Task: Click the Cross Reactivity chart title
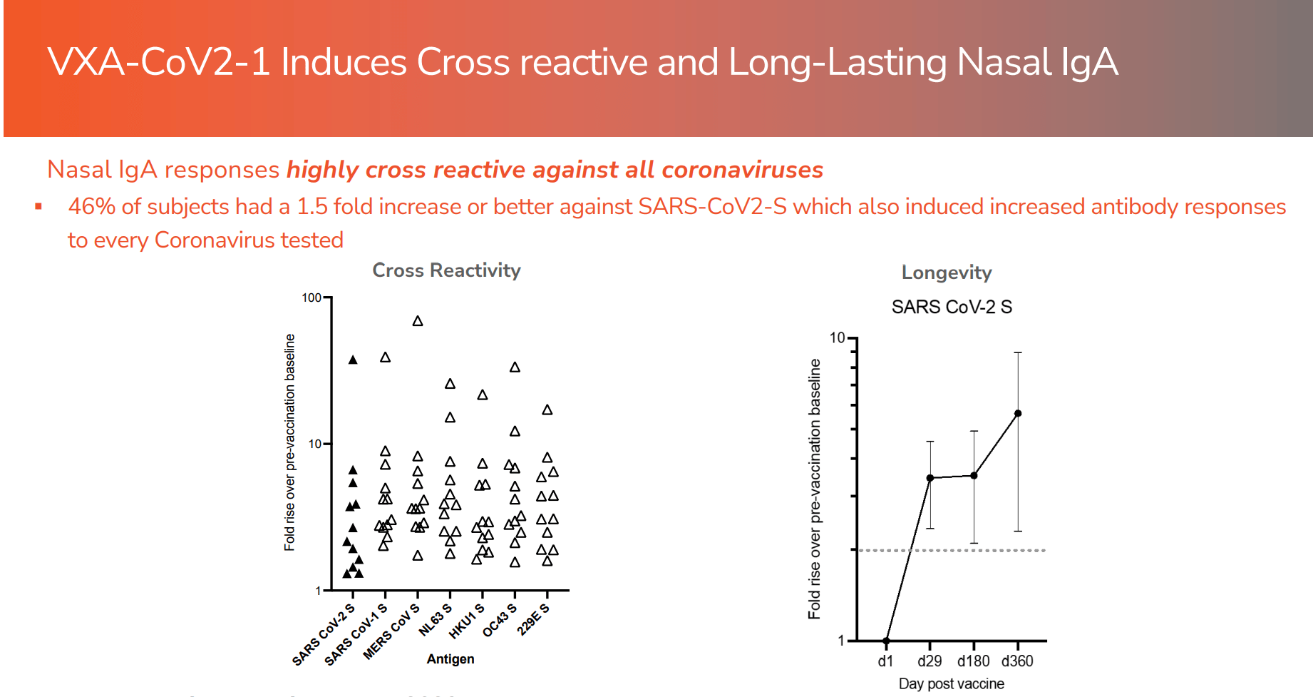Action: click(x=446, y=270)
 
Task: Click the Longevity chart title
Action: click(x=946, y=273)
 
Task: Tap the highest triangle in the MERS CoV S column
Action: click(x=418, y=321)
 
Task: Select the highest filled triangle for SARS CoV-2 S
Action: click(x=353, y=360)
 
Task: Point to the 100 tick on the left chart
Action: click(x=311, y=297)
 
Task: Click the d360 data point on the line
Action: click(x=1018, y=414)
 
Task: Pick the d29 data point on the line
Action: click(x=930, y=478)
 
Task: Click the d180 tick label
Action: click(x=973, y=661)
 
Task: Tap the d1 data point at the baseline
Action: click(x=886, y=641)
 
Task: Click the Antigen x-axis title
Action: click(x=450, y=659)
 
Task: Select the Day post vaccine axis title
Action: click(x=951, y=683)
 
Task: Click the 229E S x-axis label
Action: click(x=534, y=619)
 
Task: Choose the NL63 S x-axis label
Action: click(x=435, y=619)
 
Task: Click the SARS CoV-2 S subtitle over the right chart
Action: click(x=951, y=307)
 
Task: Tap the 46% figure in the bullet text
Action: click(x=91, y=207)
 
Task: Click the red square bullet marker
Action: click(x=38, y=207)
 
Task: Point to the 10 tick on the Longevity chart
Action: click(x=837, y=337)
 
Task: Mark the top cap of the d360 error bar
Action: click(x=1018, y=352)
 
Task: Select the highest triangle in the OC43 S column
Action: click(x=515, y=367)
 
